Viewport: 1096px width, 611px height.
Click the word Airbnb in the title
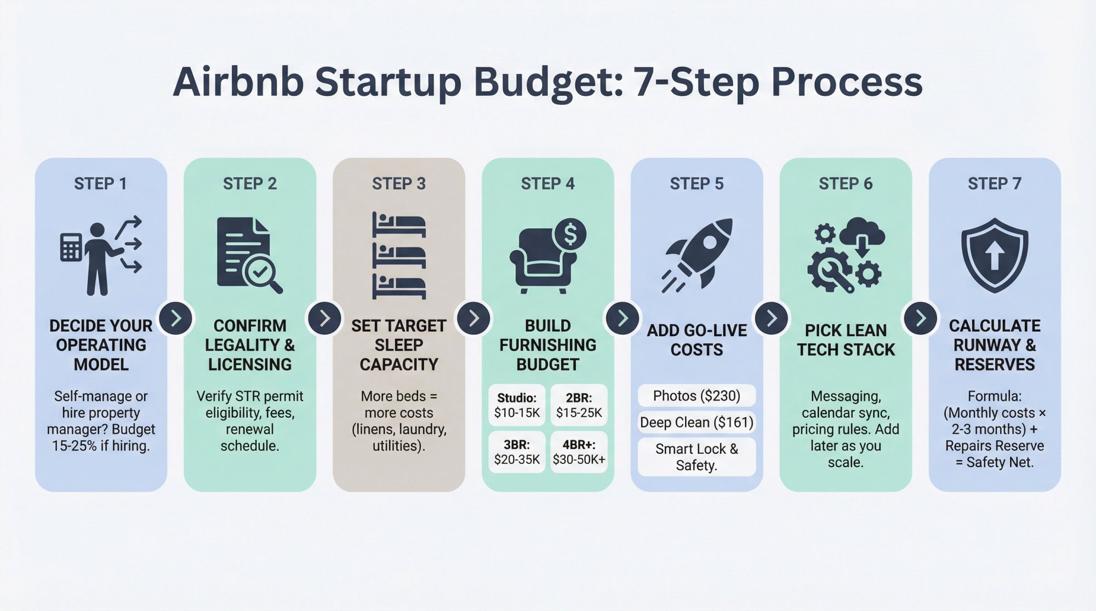point(238,82)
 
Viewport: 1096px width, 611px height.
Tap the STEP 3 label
point(398,184)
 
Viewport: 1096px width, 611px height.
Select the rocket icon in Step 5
point(697,255)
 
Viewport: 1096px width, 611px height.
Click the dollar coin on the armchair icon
point(570,234)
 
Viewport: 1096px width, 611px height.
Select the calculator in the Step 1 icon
point(71,247)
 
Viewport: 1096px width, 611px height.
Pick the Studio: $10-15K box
point(517,405)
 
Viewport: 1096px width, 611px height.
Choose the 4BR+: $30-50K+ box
point(579,452)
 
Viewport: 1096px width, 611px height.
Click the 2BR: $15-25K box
point(579,405)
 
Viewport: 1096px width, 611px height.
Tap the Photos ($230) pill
point(697,395)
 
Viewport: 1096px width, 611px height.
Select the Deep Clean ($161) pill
point(697,422)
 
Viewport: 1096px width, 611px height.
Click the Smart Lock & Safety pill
point(697,457)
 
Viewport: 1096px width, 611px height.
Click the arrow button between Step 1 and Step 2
point(176,318)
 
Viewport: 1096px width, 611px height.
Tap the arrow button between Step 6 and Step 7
point(921,318)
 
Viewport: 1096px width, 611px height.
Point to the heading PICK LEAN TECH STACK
point(846,340)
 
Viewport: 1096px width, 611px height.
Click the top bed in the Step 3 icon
point(398,224)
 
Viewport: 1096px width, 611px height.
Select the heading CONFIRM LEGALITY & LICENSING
point(250,345)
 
